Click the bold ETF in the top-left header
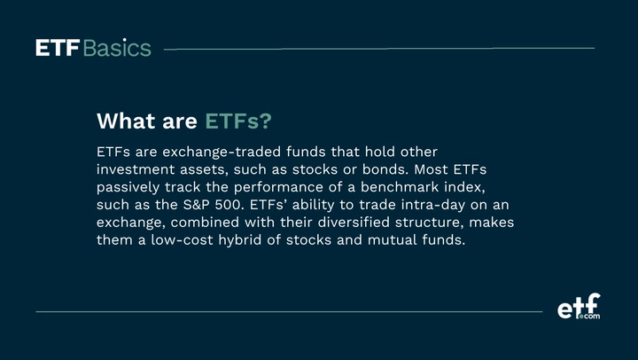tap(58, 48)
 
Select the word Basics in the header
tap(117, 48)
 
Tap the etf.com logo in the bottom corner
tap(578, 307)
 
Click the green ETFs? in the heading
tap(239, 120)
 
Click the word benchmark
tap(408, 186)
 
